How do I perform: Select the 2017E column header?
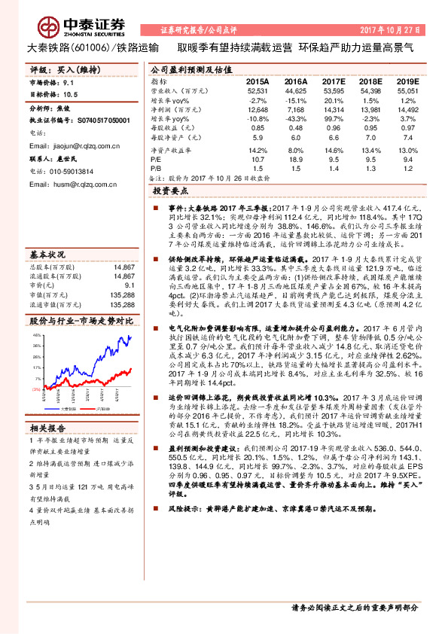[332, 81]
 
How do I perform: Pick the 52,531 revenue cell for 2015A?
[257, 90]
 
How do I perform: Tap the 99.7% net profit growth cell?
[332, 120]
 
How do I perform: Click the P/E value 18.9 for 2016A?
[295, 160]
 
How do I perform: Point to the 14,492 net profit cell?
[407, 110]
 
